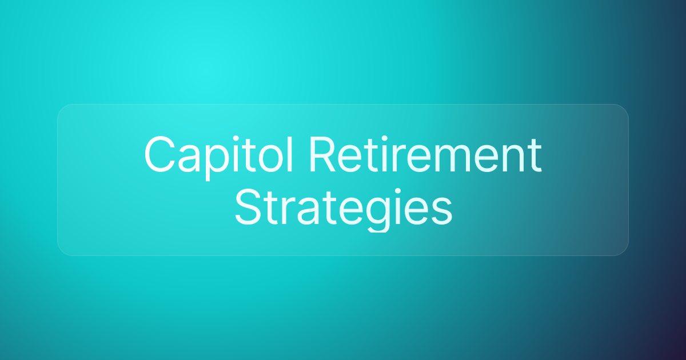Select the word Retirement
[x=426, y=155]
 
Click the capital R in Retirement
[x=324, y=155]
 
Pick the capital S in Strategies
[x=248, y=207]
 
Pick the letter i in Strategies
[x=398, y=207]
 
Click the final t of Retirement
[x=535, y=156]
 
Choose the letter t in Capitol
[x=248, y=156]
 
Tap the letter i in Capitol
[x=236, y=154]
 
